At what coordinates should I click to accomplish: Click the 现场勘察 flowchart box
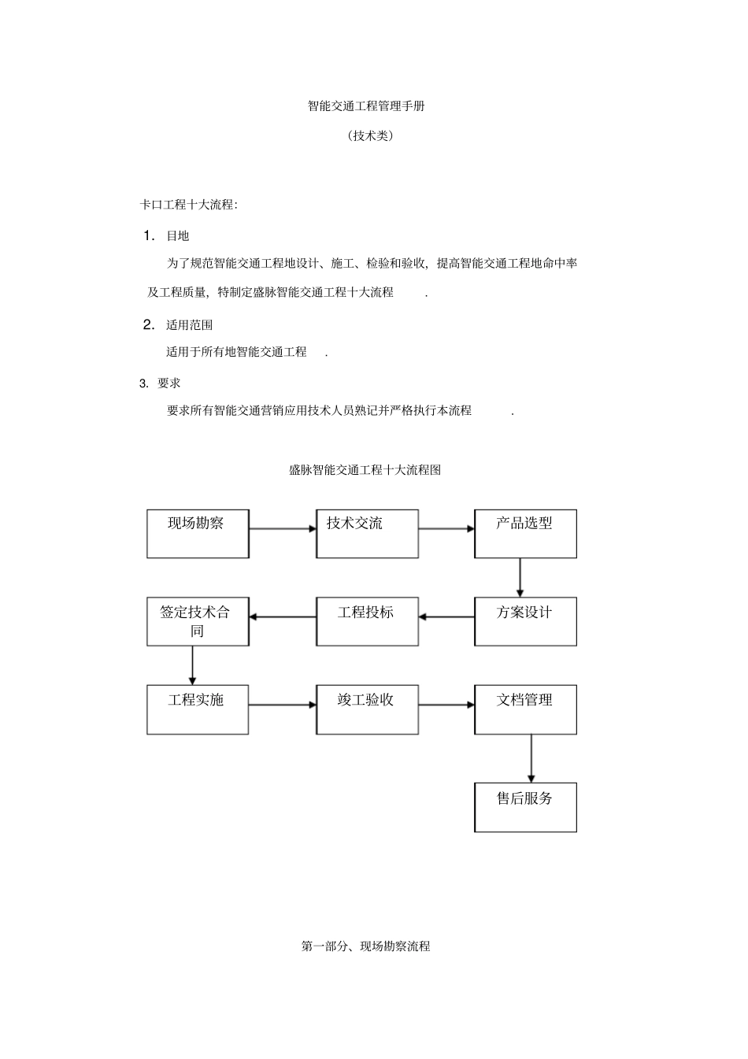(198, 534)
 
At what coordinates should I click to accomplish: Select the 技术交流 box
(367, 534)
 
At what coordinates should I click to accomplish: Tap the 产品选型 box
(525, 534)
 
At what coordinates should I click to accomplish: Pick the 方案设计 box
(525, 622)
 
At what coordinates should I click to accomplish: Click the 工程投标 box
(367, 622)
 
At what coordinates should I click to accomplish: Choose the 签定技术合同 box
(198, 622)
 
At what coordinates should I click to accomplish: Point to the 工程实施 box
(198, 709)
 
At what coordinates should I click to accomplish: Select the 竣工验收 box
(367, 709)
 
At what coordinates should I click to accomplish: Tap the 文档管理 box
(525, 709)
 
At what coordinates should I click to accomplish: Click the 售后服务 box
(525, 807)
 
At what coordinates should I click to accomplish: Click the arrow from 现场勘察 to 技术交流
(283, 529)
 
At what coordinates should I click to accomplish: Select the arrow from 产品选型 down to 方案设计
(520, 578)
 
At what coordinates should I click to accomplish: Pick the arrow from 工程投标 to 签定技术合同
(283, 617)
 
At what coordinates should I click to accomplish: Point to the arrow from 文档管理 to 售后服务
(531, 758)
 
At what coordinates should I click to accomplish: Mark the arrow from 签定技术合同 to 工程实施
(192, 665)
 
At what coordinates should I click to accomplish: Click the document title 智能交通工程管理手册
(366, 106)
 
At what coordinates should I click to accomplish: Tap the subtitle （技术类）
(370, 135)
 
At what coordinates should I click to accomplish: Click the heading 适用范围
(189, 324)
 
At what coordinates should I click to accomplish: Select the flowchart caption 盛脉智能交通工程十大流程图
(365, 470)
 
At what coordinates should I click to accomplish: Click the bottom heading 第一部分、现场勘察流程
(365, 946)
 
